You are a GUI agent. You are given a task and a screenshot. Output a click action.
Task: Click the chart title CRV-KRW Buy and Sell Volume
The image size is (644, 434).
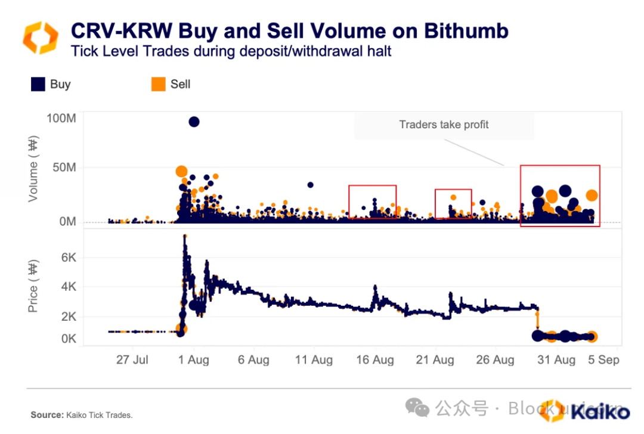click(x=289, y=30)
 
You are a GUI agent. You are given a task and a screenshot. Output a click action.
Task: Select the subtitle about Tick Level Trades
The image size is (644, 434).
click(x=231, y=51)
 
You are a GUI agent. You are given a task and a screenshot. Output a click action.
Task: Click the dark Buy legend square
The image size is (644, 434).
click(x=38, y=84)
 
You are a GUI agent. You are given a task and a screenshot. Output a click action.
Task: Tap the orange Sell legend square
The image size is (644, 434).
click(x=158, y=84)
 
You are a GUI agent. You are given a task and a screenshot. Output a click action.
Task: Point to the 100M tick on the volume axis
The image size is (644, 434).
click(x=61, y=118)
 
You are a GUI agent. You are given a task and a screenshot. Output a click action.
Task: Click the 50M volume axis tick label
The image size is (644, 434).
click(x=63, y=168)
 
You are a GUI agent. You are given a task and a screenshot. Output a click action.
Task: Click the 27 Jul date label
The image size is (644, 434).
click(x=132, y=360)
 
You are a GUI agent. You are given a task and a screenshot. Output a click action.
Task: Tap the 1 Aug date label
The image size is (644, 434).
click(x=194, y=360)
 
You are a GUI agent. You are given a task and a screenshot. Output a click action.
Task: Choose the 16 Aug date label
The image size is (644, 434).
click(x=375, y=360)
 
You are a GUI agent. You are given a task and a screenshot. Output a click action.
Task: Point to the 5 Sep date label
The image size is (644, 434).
click(x=603, y=360)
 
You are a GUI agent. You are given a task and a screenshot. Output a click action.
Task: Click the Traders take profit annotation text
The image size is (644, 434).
click(x=444, y=125)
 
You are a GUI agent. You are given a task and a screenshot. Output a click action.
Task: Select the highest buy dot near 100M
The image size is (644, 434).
click(x=194, y=122)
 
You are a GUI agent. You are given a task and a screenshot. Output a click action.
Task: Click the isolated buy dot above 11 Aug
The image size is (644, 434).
click(x=310, y=185)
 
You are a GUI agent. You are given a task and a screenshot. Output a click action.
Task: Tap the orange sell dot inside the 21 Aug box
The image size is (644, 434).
click(x=453, y=197)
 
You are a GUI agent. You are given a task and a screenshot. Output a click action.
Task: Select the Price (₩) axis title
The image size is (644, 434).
click(x=33, y=287)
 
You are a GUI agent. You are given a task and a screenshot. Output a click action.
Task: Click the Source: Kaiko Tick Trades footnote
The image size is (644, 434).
click(x=81, y=415)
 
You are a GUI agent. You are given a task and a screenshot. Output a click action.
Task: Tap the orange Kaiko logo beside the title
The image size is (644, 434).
click(x=40, y=37)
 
